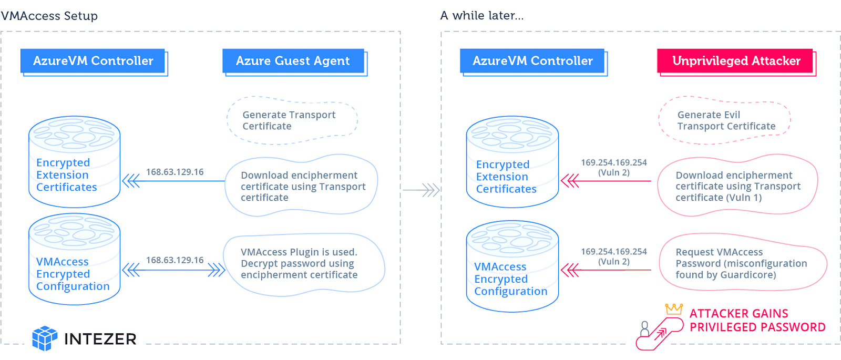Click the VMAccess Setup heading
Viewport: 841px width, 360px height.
point(49,16)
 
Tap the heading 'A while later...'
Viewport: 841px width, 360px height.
point(481,15)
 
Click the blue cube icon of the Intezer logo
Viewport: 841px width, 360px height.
point(45,338)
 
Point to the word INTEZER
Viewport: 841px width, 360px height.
point(100,339)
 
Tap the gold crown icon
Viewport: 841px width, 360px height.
point(674,309)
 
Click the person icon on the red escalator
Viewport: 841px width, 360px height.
point(644,329)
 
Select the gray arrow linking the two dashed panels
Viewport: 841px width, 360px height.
point(421,190)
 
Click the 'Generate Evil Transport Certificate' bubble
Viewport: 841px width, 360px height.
point(724,120)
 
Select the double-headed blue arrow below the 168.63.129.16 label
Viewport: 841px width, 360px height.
point(174,270)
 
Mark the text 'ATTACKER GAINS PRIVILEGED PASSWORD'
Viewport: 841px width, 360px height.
point(757,320)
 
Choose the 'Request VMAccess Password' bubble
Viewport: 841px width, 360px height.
point(743,262)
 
